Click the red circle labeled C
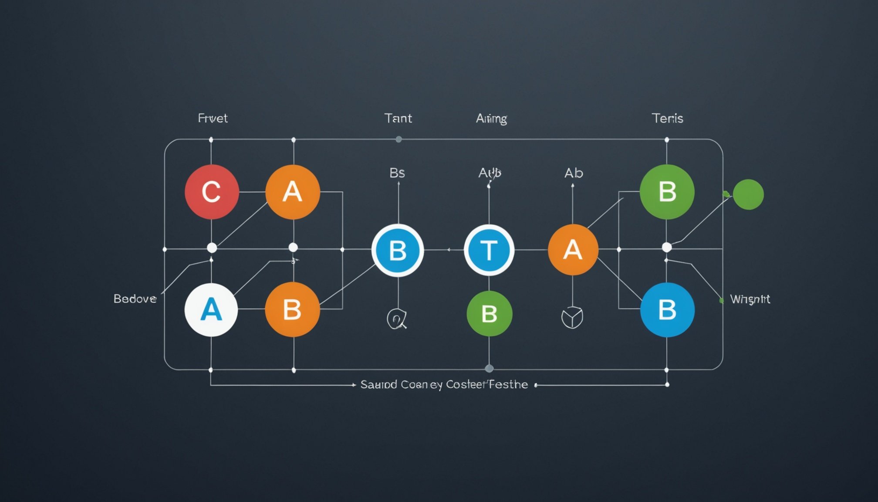click(x=212, y=192)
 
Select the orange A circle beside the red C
click(x=293, y=192)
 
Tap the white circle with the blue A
click(x=211, y=310)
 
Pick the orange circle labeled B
click(x=292, y=310)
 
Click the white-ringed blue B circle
click(x=398, y=251)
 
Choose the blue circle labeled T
click(x=489, y=251)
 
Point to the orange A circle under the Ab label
click(x=573, y=250)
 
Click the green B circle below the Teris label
click(x=667, y=192)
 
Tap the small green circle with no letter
click(x=748, y=194)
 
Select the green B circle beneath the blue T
click(x=489, y=314)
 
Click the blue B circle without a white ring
click(x=667, y=310)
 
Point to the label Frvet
click(x=213, y=118)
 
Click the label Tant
click(x=398, y=118)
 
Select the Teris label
click(x=667, y=118)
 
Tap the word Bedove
click(x=135, y=298)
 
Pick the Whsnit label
click(x=750, y=299)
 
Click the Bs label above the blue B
click(x=397, y=173)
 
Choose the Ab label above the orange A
click(x=574, y=173)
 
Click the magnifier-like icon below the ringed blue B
click(x=397, y=319)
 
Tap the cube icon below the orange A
click(x=572, y=317)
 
